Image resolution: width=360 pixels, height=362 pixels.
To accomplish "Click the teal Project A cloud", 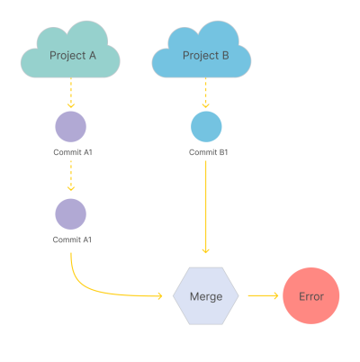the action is tap(70, 52).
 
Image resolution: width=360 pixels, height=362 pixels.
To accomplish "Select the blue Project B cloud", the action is tap(202, 52).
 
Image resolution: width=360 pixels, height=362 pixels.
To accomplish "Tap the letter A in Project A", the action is tap(93, 56).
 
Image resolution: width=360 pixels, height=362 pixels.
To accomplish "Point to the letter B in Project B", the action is tap(225, 56).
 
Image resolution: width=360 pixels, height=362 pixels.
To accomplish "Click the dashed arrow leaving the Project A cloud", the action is tap(71, 93).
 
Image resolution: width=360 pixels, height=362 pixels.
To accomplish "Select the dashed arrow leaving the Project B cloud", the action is tap(205, 93).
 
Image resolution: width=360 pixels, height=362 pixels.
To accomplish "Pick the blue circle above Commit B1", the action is tap(206, 127).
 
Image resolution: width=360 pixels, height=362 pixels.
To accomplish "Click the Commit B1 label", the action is tap(208, 152).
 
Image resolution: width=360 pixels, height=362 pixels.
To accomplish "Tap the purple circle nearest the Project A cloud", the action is tap(71, 127).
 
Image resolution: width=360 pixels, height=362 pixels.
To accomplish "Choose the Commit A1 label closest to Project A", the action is tap(73, 152).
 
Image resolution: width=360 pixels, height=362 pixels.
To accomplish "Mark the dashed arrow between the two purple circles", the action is tap(71, 176).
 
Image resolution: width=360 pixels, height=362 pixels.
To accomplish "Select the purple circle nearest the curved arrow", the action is tap(71, 214).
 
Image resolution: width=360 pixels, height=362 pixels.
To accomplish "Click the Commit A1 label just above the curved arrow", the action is tap(72, 240).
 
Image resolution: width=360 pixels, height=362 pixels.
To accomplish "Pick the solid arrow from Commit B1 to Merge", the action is tap(205, 207).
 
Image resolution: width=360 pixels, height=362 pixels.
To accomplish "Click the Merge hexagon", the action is tap(206, 296).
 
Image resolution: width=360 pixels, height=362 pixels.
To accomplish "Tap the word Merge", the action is tap(206, 296).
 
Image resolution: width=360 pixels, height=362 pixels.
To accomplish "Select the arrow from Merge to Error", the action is tap(263, 296).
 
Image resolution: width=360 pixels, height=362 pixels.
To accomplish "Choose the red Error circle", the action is tap(311, 295).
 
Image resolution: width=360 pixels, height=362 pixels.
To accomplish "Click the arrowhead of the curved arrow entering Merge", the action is tap(160, 296).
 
